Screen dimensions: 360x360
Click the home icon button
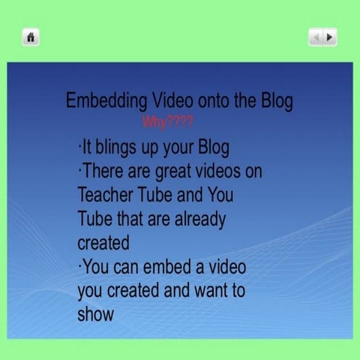[x=30, y=37]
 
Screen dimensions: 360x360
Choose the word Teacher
[x=106, y=195]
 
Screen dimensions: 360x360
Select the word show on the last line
[x=95, y=313]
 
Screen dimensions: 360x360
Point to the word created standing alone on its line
[x=103, y=243]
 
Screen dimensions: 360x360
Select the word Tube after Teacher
[x=157, y=195]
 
